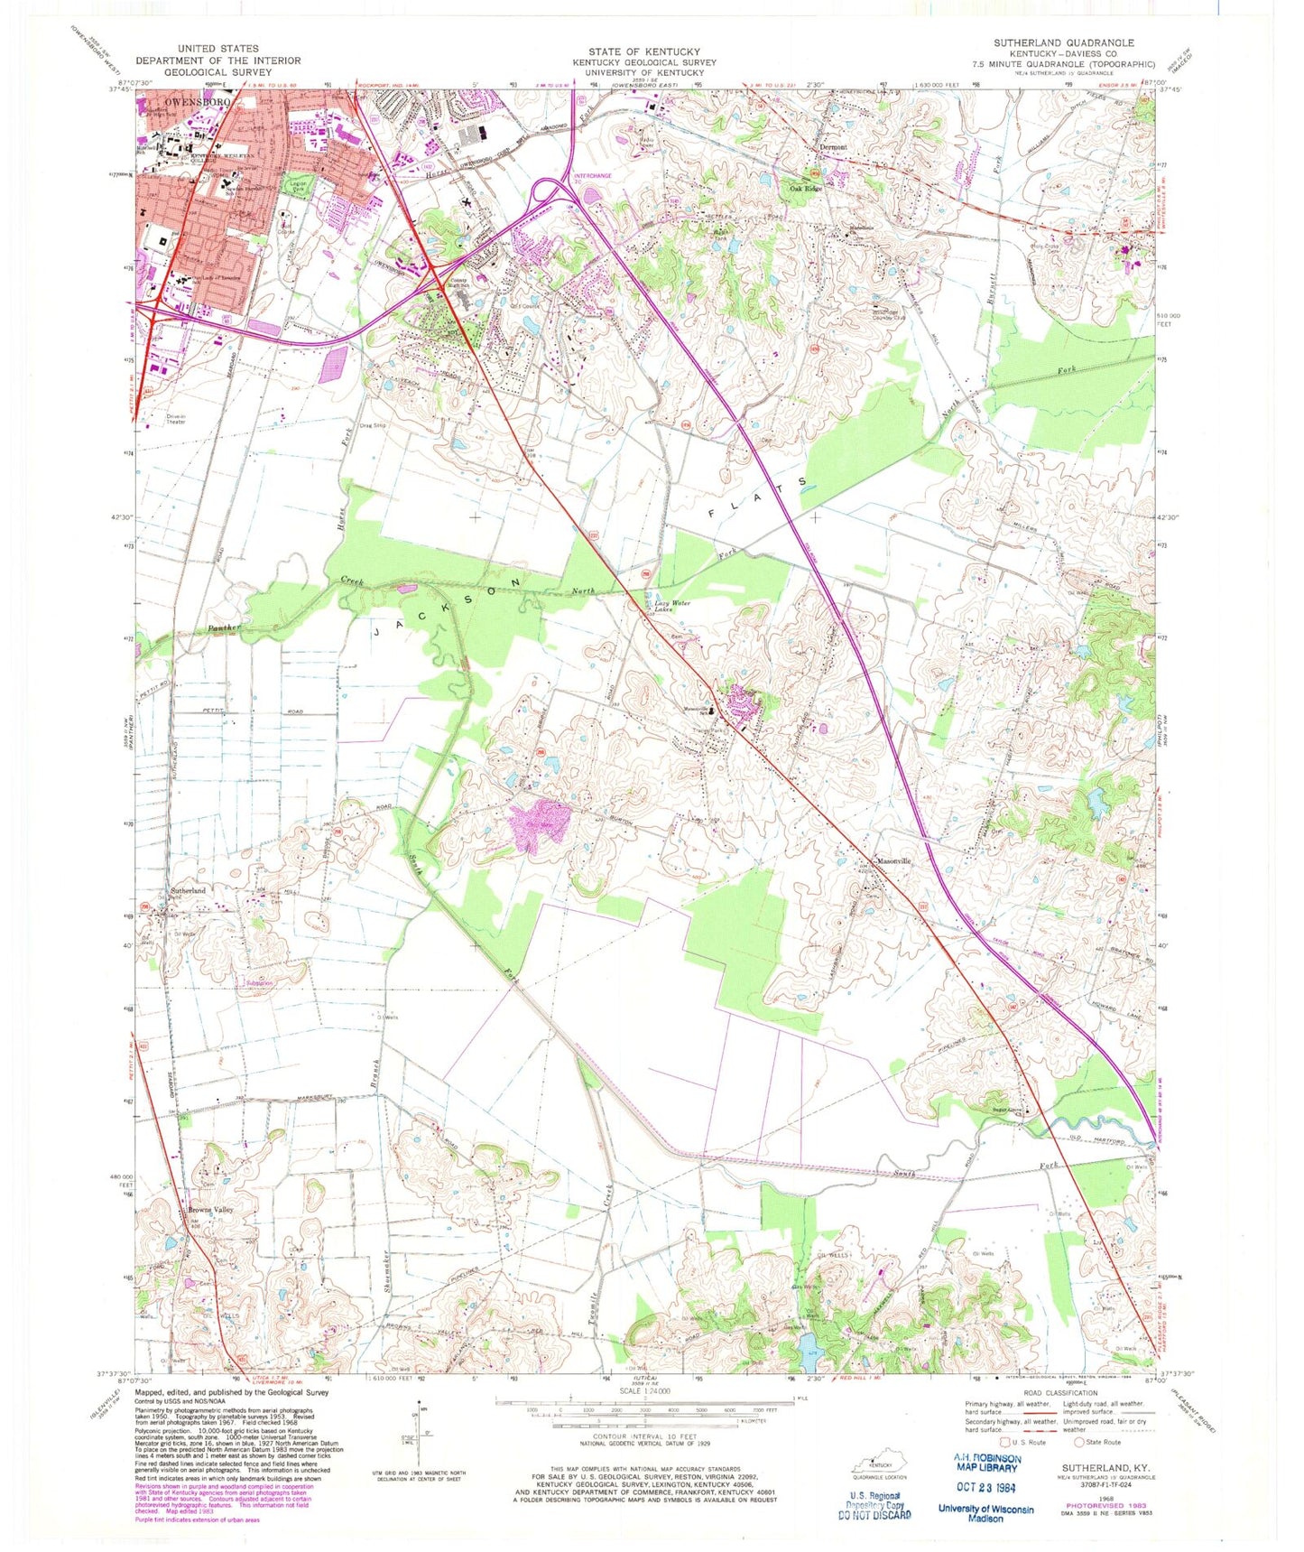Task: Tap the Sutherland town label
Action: tap(188, 891)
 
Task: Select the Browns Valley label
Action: tap(209, 1210)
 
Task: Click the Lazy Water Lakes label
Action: tap(676, 607)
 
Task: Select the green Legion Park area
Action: tap(293, 186)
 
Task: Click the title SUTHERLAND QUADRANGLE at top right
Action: tap(1064, 43)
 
